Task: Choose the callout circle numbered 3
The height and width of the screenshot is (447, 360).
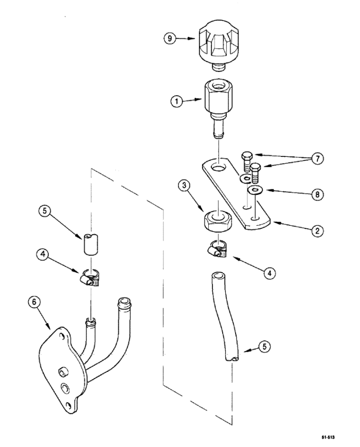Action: [185, 186]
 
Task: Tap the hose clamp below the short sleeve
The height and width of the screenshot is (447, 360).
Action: [91, 277]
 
